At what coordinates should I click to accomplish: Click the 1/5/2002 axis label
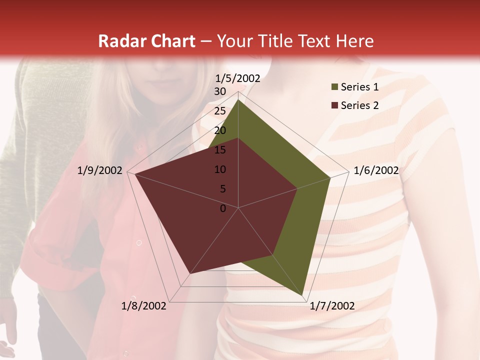pos(238,78)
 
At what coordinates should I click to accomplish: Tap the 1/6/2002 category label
pos(376,170)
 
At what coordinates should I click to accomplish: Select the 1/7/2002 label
pos(332,306)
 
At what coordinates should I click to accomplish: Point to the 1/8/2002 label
pos(144,306)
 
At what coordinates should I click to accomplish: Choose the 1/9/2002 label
pos(100,170)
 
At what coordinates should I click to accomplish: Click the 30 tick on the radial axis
pos(219,91)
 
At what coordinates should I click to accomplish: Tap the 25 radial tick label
pos(219,111)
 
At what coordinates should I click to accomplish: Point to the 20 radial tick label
pos(219,130)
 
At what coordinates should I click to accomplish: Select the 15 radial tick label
pos(219,150)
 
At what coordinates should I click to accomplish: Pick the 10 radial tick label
pos(219,169)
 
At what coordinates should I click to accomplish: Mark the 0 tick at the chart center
pos(223,208)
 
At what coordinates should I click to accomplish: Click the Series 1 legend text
pos(359,87)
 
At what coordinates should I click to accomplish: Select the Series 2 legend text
pos(359,105)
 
